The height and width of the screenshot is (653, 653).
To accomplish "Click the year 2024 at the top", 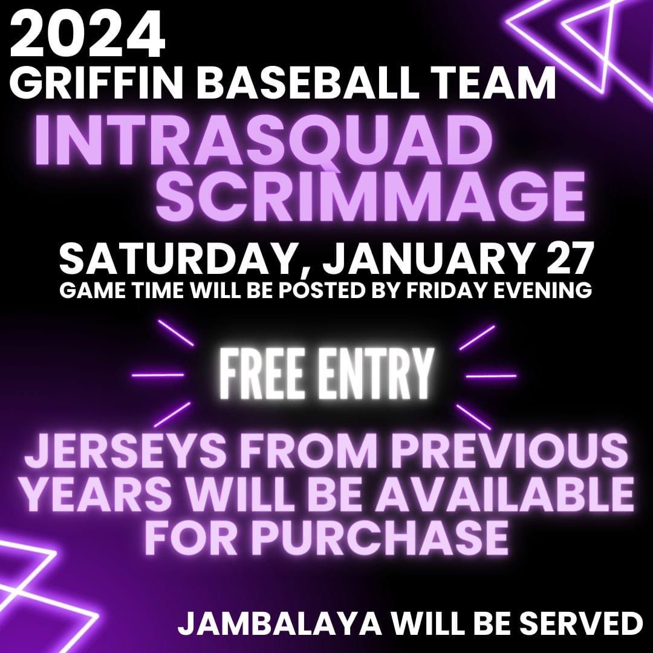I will (88, 34).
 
